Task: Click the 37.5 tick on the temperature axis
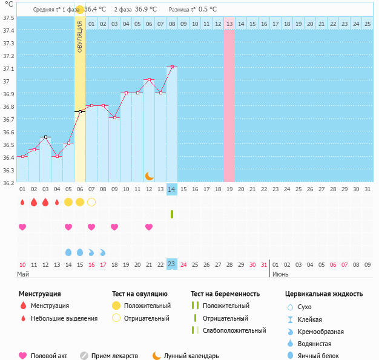(x=8, y=18)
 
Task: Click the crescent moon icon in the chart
(x=150, y=175)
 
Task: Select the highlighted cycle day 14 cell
(x=172, y=189)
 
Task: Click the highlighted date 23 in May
(x=172, y=264)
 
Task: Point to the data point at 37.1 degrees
(x=173, y=67)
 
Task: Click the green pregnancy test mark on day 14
(x=172, y=214)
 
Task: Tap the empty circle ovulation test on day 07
(x=91, y=202)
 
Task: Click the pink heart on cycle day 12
(x=149, y=227)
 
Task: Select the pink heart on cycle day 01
(x=22, y=227)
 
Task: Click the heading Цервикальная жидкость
(x=324, y=294)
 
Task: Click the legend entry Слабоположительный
(x=234, y=330)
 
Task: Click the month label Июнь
(x=280, y=274)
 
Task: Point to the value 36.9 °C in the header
(x=145, y=9)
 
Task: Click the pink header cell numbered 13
(x=229, y=24)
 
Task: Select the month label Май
(x=23, y=274)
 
